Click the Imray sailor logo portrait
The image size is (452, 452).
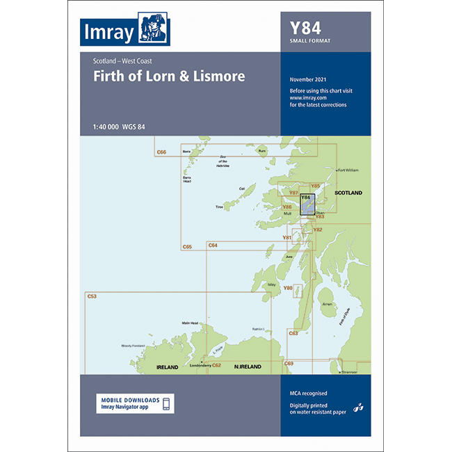[x=154, y=29]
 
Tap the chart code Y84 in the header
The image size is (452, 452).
[x=306, y=30]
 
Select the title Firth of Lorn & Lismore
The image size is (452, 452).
[x=169, y=76]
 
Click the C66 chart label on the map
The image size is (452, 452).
[x=162, y=152]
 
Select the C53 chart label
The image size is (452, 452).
[x=92, y=297]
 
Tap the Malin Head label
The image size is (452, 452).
[x=190, y=323]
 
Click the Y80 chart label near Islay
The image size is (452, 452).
[x=287, y=287]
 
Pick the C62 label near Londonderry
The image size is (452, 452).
[x=216, y=365]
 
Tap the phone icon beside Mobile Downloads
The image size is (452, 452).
[x=167, y=403]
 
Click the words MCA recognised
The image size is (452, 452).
[x=308, y=393]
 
